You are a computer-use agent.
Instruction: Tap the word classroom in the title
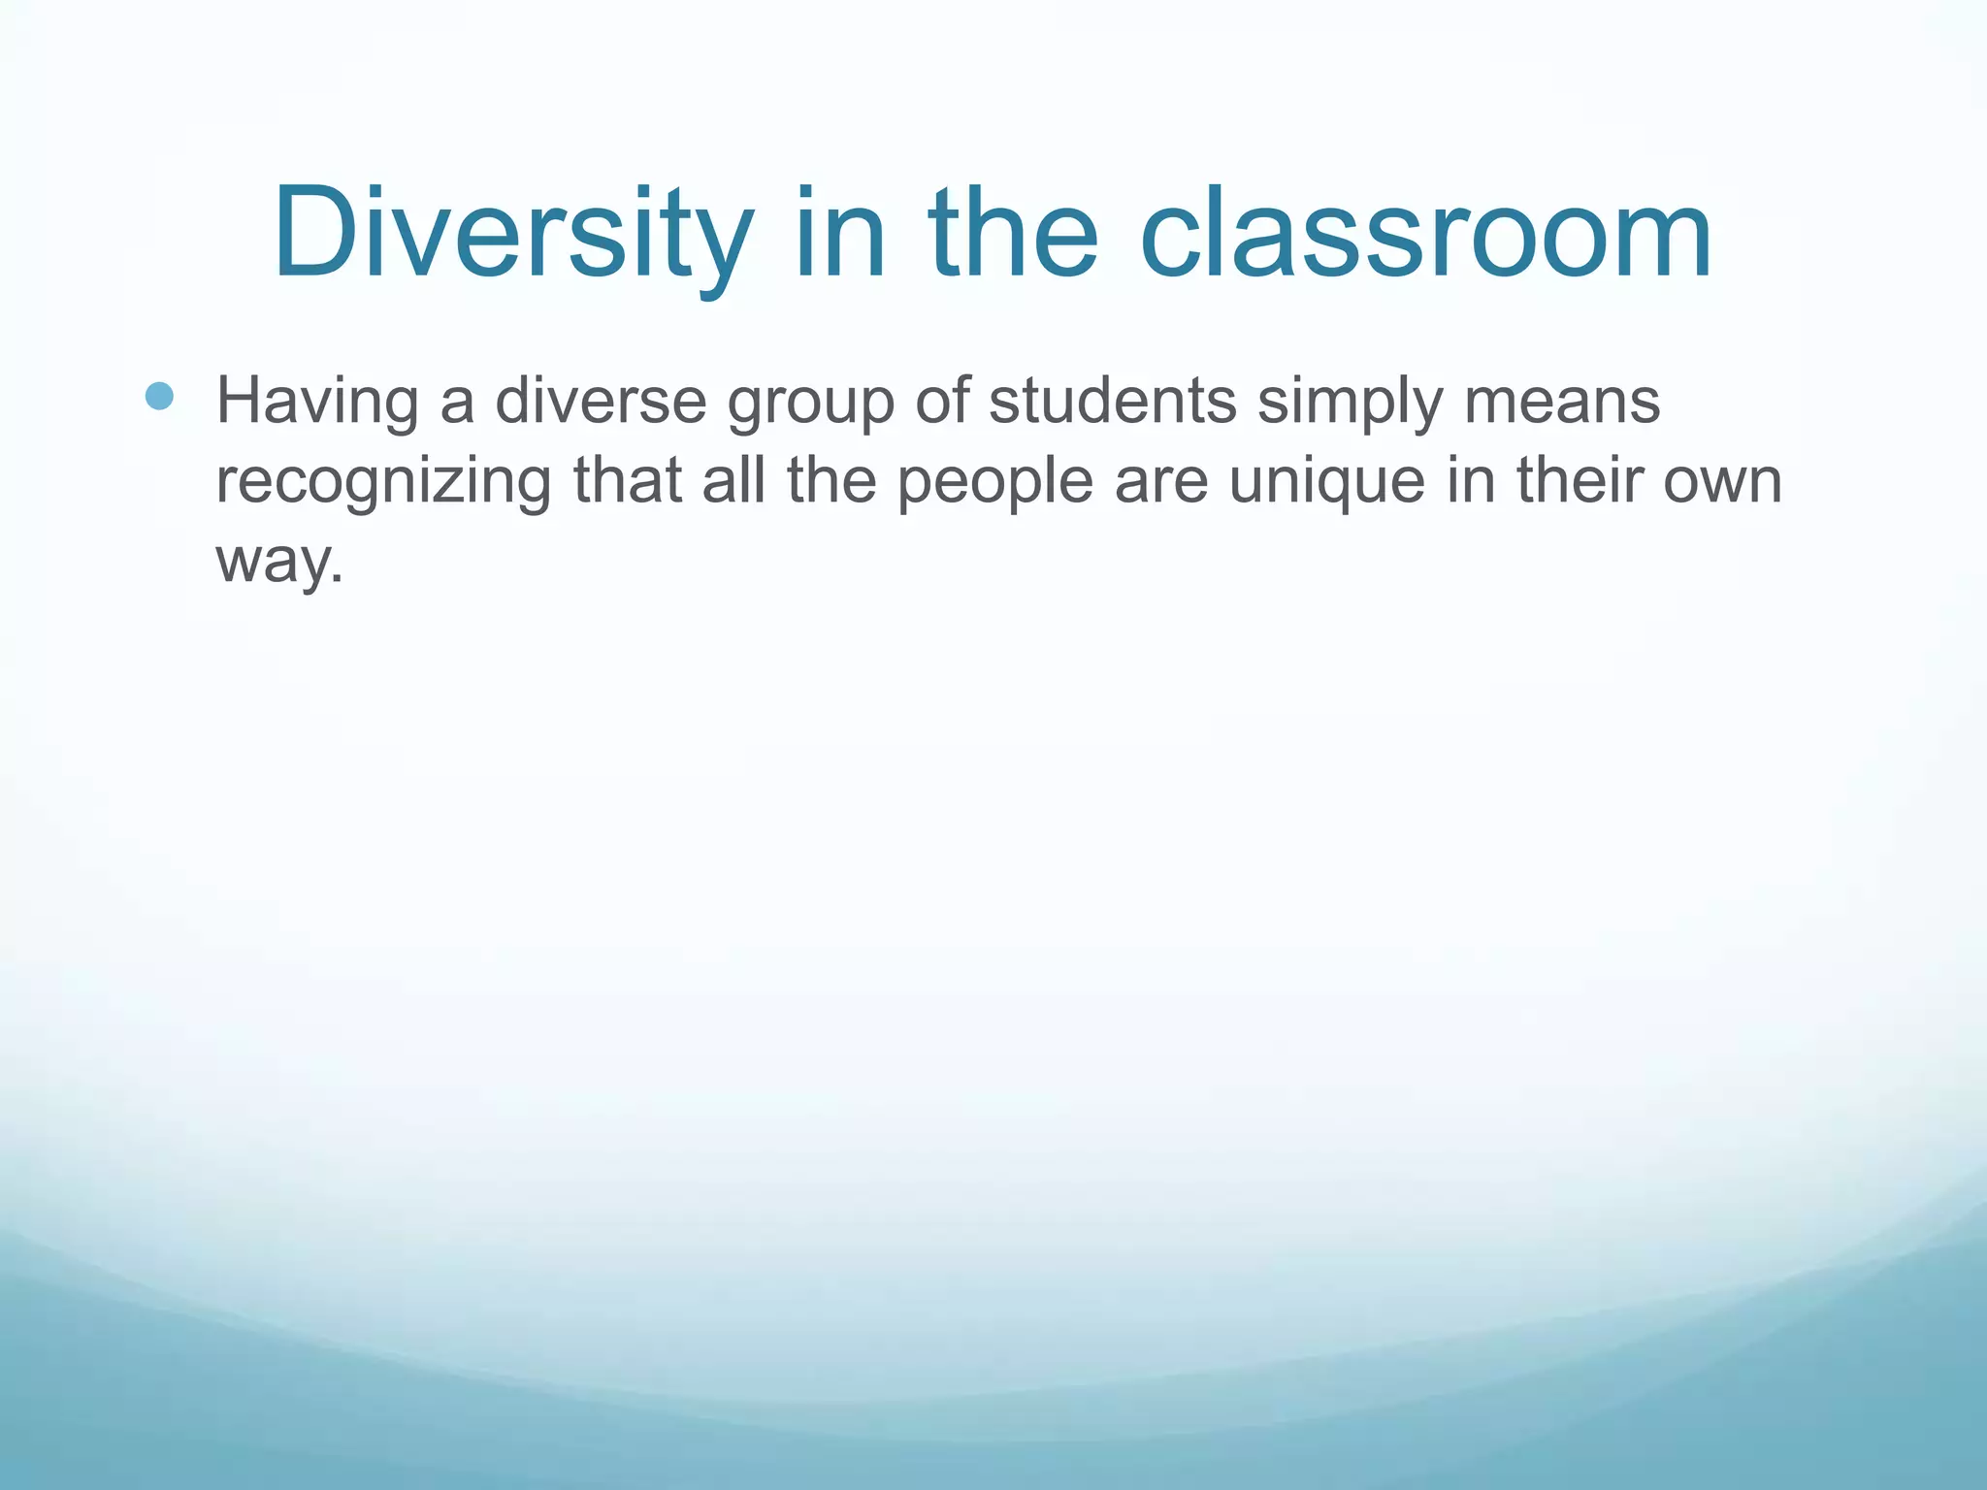1425,235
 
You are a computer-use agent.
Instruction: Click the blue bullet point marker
159,396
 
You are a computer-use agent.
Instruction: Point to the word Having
318,402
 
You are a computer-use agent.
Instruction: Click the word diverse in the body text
601,402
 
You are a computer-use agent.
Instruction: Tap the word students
1113,402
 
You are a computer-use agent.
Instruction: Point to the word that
628,480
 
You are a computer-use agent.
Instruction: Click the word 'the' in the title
1013,235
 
